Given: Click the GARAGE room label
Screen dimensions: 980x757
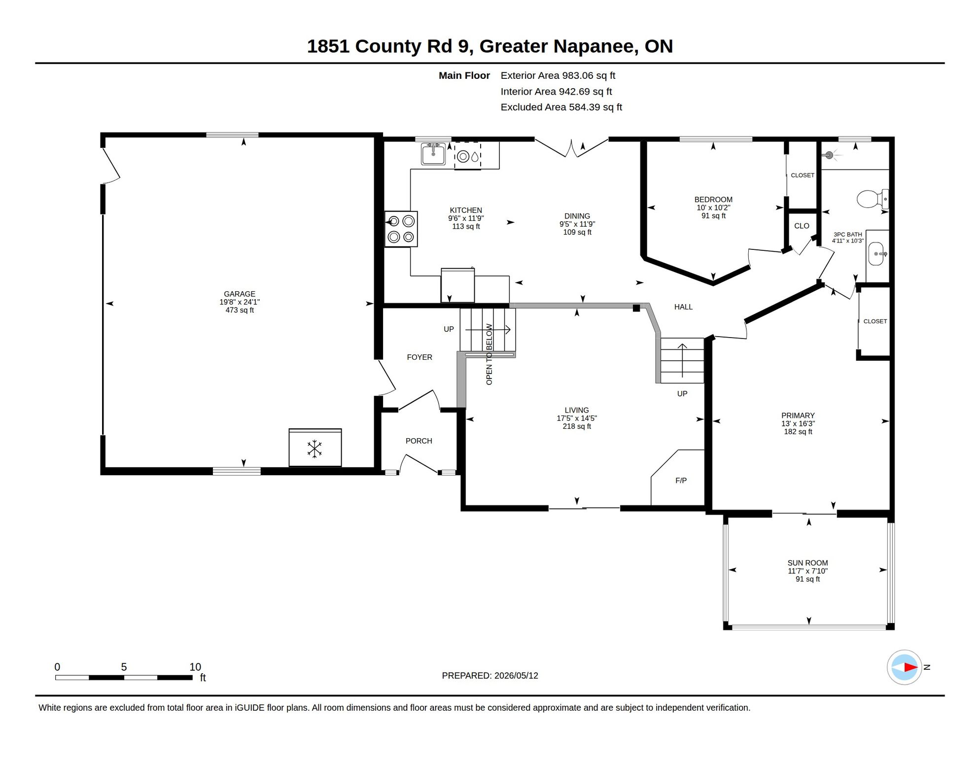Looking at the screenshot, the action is point(240,294).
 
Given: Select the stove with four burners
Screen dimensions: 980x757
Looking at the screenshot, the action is point(401,229).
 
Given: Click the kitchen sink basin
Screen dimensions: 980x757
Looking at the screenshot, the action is point(433,154).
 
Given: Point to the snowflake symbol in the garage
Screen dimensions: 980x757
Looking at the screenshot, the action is point(315,449).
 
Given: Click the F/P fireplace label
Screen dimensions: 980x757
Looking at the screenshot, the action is point(681,481).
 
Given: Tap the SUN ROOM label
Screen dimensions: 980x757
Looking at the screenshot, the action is point(807,563).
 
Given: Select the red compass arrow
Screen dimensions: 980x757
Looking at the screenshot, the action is point(910,667).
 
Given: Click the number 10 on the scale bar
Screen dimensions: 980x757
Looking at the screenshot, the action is point(195,667).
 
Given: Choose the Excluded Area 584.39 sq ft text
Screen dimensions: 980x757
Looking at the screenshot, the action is point(561,107).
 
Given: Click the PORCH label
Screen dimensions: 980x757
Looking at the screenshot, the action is point(419,441).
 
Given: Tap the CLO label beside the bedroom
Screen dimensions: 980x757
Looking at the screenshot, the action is point(802,226).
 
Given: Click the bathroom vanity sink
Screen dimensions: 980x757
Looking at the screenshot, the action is point(876,254).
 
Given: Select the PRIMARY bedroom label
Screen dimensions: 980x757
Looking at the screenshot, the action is point(798,415).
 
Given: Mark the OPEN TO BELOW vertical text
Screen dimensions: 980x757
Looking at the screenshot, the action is point(489,354).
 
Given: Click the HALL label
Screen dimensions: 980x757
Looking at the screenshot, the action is point(683,307).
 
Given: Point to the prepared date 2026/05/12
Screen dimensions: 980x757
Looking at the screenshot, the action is point(516,676).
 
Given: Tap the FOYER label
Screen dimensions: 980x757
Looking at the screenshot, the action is point(420,357).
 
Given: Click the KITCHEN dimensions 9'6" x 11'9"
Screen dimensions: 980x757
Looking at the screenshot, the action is point(466,218).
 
